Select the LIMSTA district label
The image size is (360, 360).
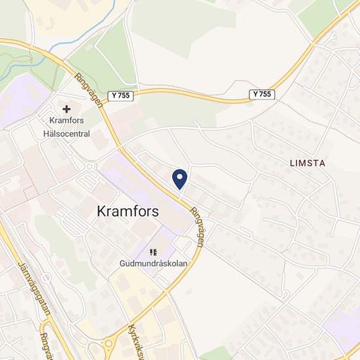pos(307,162)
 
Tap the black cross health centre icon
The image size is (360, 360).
pos(66,109)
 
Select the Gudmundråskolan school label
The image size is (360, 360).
pos(154,264)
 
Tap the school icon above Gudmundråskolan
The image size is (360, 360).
pos(154,252)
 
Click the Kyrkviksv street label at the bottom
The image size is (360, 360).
pos(137,340)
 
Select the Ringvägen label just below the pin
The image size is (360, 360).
pos(198,226)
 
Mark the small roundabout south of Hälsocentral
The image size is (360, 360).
pos(88,166)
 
